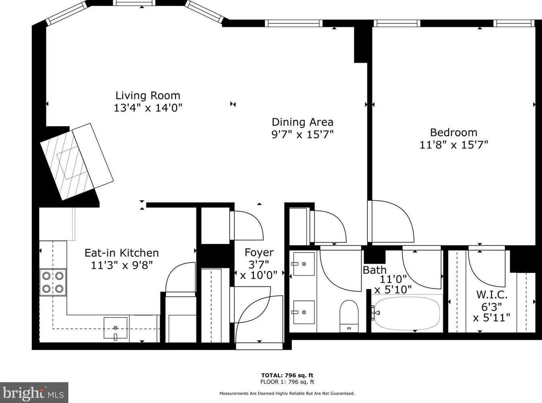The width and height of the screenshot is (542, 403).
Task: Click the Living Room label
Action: pyautogui.click(x=148, y=96)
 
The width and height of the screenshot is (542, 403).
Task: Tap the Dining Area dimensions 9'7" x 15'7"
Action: pyautogui.click(x=302, y=134)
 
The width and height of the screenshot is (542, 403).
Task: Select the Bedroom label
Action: pyautogui.click(x=453, y=132)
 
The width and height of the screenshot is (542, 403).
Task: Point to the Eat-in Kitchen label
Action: pyautogui.click(x=122, y=253)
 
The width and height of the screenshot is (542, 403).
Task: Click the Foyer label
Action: pyautogui.click(x=259, y=253)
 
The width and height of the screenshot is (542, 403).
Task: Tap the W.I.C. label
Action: pyautogui.click(x=491, y=294)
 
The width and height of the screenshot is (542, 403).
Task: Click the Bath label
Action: pyautogui.click(x=375, y=270)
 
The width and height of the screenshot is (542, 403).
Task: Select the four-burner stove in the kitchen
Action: pyautogui.click(x=53, y=282)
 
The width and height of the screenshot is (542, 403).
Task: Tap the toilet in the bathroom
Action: pyautogui.click(x=349, y=316)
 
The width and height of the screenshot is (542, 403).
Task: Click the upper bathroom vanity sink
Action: pyautogui.click(x=304, y=264)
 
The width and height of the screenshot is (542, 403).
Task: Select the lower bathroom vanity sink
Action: pyautogui.click(x=304, y=312)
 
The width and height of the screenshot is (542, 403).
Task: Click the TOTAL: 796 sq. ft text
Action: pyautogui.click(x=287, y=375)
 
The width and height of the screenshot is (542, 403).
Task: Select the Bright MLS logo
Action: pyautogui.click(x=34, y=393)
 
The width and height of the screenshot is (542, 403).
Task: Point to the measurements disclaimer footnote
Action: pyautogui.click(x=287, y=393)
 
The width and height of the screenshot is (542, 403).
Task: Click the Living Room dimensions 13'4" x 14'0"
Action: pyautogui.click(x=148, y=108)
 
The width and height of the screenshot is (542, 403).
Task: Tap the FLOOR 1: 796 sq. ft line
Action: pyautogui.click(x=287, y=382)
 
